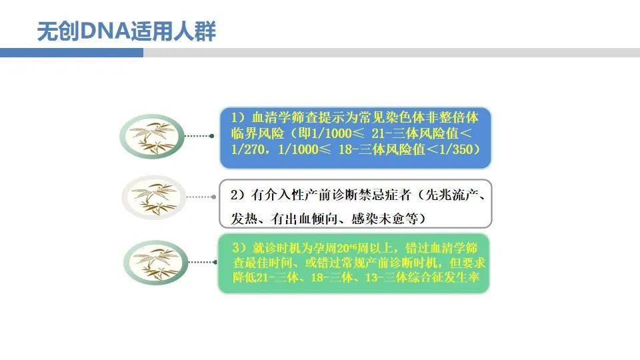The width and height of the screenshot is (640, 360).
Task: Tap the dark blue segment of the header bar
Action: tap(71, 53)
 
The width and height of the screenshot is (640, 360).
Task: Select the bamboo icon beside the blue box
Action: tap(152, 136)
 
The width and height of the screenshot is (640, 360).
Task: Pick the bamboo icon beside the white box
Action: tap(154, 197)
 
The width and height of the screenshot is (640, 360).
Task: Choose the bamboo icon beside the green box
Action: tap(156, 263)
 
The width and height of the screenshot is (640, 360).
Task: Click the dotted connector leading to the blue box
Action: tap(199, 136)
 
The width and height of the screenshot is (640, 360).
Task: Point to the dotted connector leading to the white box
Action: tap(201, 197)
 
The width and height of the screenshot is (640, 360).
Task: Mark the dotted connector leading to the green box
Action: tap(203, 262)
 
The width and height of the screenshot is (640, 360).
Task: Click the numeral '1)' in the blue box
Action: tap(239, 117)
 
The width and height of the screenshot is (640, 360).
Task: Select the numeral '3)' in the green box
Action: tap(240, 248)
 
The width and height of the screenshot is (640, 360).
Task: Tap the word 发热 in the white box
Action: tap(244, 219)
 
